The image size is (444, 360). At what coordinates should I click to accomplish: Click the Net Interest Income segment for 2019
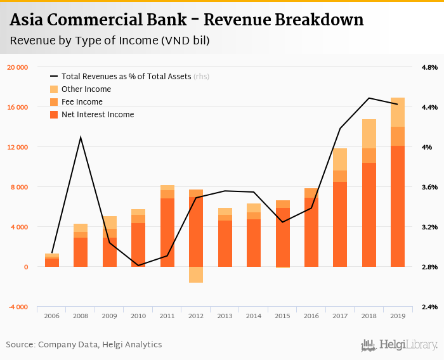pos(398,206)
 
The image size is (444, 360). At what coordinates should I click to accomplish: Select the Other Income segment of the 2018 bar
pos(369,133)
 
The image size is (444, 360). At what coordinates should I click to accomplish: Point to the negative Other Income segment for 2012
pos(196,274)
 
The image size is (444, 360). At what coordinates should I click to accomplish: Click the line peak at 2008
pos(81,137)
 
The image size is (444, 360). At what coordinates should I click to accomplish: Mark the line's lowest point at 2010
pos(138,266)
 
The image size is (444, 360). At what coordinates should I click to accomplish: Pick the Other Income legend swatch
pos(54,89)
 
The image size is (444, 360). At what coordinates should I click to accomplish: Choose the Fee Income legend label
pos(82,102)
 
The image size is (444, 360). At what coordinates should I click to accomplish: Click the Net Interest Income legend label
pos(98,115)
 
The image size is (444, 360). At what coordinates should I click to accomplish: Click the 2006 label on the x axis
pos(52,315)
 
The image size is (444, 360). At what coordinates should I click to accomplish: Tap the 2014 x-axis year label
pos(254,315)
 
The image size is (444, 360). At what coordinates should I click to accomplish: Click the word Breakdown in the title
pos(319,20)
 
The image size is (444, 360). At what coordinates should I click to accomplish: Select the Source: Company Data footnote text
pos(84,345)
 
